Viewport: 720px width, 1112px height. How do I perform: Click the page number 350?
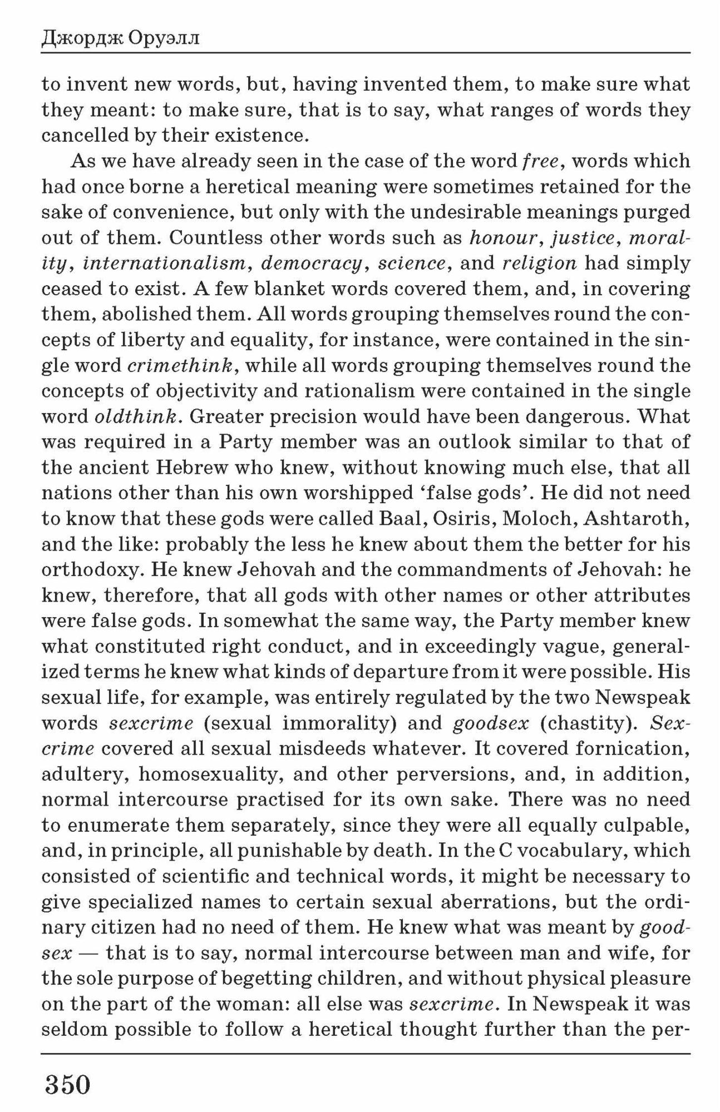point(67,1084)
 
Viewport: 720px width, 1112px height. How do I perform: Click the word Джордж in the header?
point(83,39)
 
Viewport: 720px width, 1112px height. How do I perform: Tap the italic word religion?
point(539,263)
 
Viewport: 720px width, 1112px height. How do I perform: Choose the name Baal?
point(399,519)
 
